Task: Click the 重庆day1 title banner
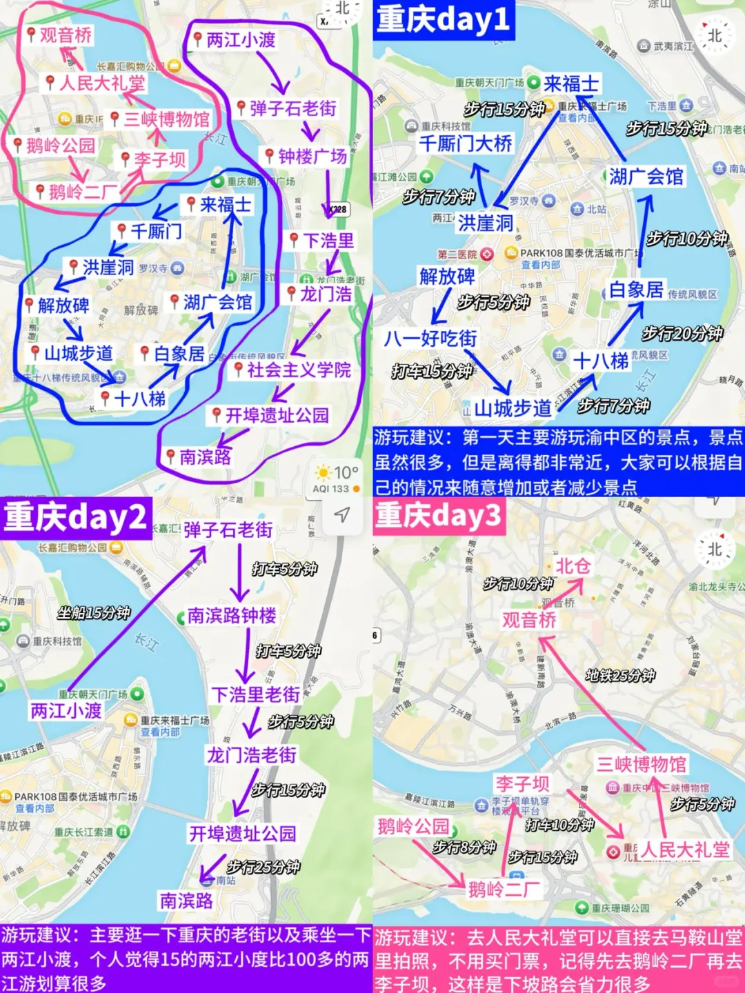point(444,19)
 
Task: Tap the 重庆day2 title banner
point(75,517)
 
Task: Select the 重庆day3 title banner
point(438,516)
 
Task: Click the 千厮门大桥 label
point(466,143)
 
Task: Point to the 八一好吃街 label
point(430,339)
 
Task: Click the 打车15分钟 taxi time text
point(432,372)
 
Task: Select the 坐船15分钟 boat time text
point(94,612)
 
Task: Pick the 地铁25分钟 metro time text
point(619,675)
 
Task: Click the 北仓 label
point(573,566)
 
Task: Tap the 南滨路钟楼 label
point(232,615)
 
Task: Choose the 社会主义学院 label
point(298,370)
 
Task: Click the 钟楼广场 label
point(312,157)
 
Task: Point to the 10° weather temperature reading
point(346,472)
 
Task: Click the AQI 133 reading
point(331,489)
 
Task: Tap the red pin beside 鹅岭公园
point(19,145)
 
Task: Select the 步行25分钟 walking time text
point(263,867)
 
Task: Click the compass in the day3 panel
point(715,550)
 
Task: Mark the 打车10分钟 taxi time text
point(559,825)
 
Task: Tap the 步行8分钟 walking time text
point(464,847)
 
